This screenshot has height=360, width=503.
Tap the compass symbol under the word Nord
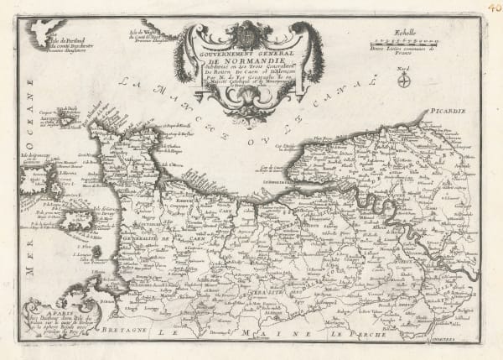(403, 81)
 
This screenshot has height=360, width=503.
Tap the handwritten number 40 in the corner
(492, 8)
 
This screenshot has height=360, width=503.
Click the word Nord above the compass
(403, 70)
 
